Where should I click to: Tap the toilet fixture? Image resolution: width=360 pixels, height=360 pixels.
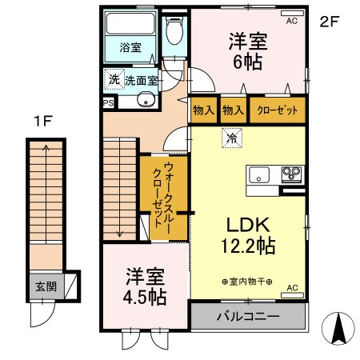pyautogui.click(x=174, y=33)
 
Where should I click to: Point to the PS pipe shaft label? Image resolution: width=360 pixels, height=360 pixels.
pyautogui.click(x=108, y=102)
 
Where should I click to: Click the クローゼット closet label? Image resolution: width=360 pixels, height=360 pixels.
pyautogui.click(x=277, y=110)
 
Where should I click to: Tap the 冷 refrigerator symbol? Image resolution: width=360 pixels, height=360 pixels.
pyautogui.click(x=231, y=138)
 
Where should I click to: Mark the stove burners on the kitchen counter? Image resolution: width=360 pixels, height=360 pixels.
pyautogui.click(x=290, y=174)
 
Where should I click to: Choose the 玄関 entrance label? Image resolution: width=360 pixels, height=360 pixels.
pyautogui.click(x=45, y=285)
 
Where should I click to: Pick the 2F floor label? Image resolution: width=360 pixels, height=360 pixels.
pyautogui.click(x=330, y=22)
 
